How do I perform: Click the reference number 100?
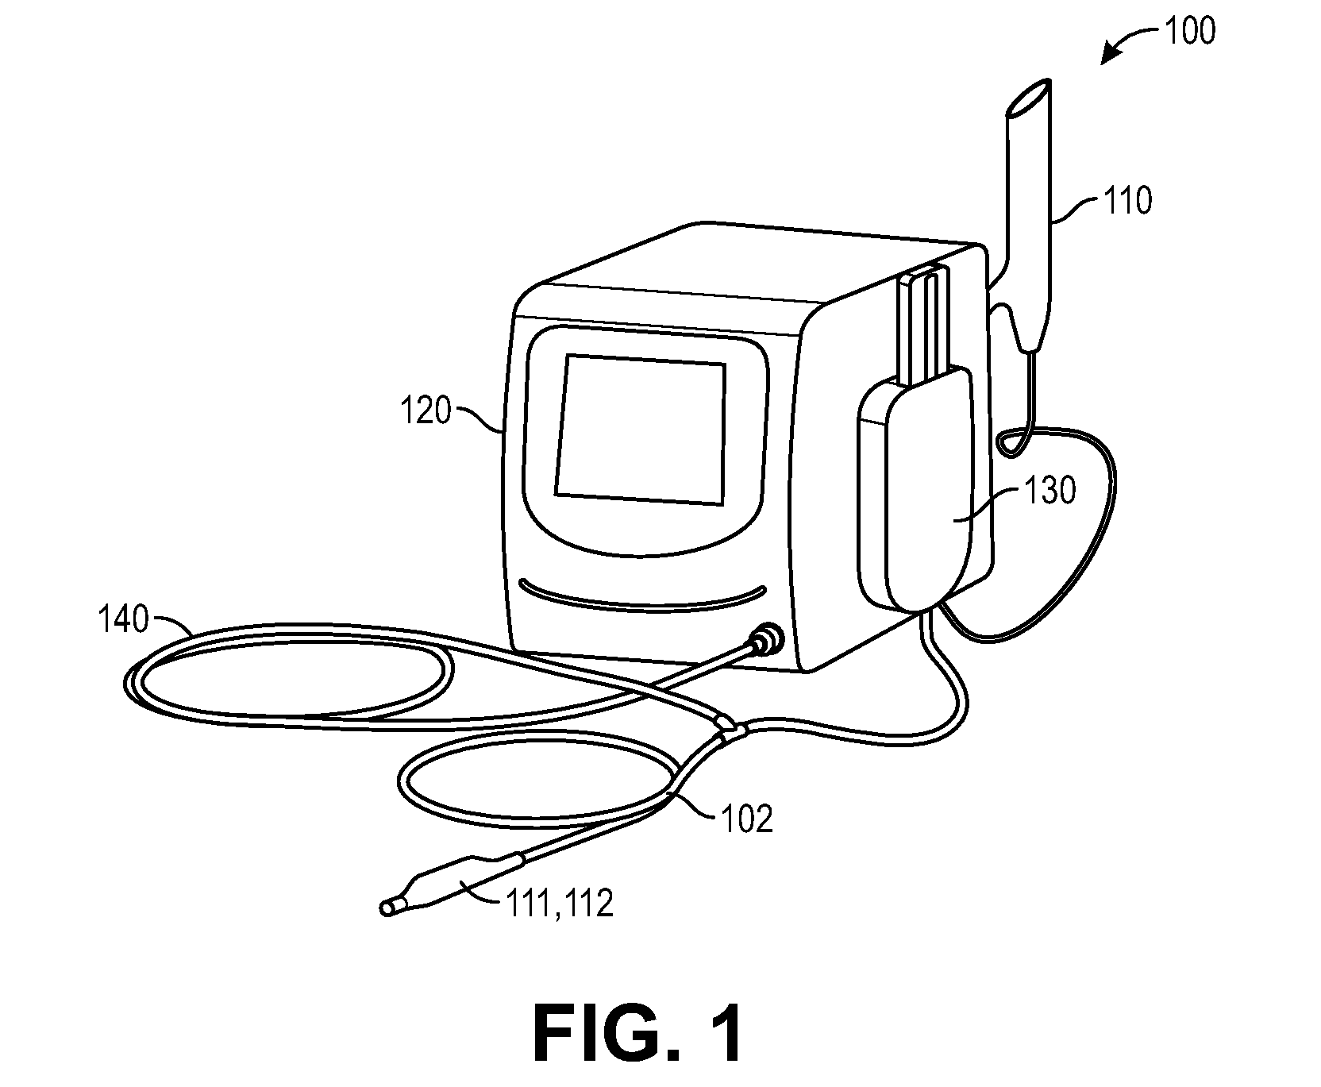(1189, 31)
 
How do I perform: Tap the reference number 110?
(1127, 202)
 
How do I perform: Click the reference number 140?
(123, 619)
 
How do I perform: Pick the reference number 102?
(746, 819)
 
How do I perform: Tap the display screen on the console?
(641, 429)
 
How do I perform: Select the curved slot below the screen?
(642, 597)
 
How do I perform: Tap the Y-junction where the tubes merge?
(731, 728)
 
